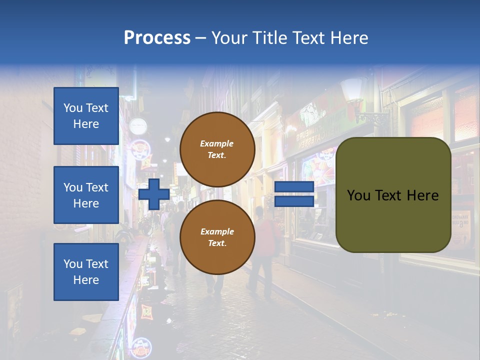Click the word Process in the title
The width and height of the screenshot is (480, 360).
pyautogui.click(x=157, y=37)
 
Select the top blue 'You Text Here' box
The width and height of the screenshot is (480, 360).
pyautogui.click(x=86, y=116)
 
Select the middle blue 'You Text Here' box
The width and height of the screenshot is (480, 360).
pyautogui.click(x=86, y=195)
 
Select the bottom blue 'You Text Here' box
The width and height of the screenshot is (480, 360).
pyautogui.click(x=86, y=272)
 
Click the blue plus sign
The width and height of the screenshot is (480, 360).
pyautogui.click(x=154, y=194)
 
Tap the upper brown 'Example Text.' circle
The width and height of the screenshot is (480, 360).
pyautogui.click(x=217, y=149)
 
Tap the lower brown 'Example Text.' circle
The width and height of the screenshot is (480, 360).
pyautogui.click(x=217, y=237)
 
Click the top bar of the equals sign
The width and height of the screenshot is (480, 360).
pyautogui.click(x=294, y=186)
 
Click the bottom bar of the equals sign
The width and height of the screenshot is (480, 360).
pyautogui.click(x=294, y=201)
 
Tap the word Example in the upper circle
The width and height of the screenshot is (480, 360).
pyautogui.click(x=217, y=143)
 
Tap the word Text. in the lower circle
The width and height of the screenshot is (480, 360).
pyautogui.click(x=217, y=243)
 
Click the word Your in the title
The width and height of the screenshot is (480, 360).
pyautogui.click(x=230, y=37)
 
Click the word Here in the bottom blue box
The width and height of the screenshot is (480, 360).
pyautogui.click(x=86, y=280)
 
